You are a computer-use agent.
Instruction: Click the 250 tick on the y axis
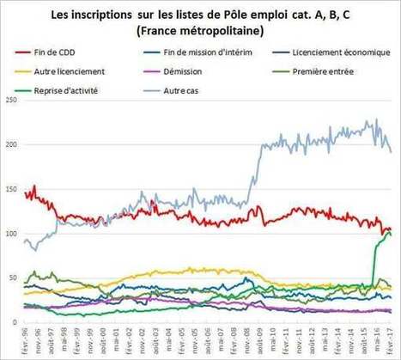pyautogui.click(x=11, y=101)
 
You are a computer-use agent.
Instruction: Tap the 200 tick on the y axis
pyautogui.click(x=11, y=145)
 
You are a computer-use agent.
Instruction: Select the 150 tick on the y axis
pyautogui.click(x=11, y=190)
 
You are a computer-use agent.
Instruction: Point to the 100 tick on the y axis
pyautogui.click(x=11, y=235)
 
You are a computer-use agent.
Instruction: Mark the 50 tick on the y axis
pyautogui.click(x=13, y=279)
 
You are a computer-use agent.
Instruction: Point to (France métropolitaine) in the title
pyautogui.click(x=199, y=30)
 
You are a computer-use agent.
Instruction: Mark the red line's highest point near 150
pyautogui.click(x=33, y=186)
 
